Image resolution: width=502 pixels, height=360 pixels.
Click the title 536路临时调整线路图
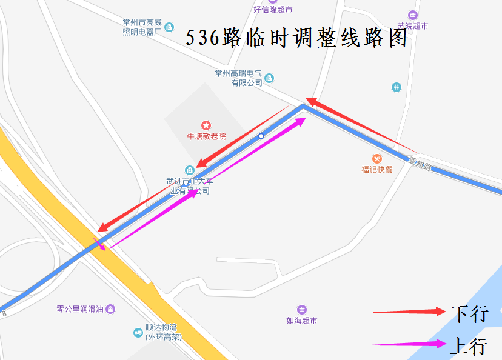pyautogui.click(x=296, y=39)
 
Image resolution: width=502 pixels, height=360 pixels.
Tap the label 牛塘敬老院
pyautogui.click(x=206, y=136)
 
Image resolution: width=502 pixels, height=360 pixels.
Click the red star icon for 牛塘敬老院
pyautogui.click(x=206, y=125)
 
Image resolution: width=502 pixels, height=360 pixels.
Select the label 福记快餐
pyautogui.click(x=377, y=169)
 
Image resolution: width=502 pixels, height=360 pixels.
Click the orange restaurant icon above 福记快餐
pyautogui.click(x=377, y=159)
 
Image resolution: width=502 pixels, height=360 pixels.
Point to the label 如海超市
pyautogui.click(x=302, y=321)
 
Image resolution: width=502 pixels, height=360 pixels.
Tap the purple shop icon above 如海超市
pyautogui.click(x=302, y=310)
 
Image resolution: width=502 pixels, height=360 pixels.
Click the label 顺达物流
pyautogui.click(x=160, y=328)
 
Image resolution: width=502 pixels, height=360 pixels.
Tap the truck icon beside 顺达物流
pyautogui.click(x=138, y=333)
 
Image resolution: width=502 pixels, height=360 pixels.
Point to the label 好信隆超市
pyautogui.click(x=273, y=10)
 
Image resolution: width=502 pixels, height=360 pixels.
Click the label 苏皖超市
pyautogui.click(x=413, y=26)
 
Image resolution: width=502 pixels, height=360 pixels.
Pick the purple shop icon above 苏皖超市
pyautogui.click(x=413, y=15)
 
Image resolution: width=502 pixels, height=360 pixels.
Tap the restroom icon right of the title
pyautogui.click(x=396, y=87)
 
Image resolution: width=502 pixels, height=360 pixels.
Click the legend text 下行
pyautogui.click(x=469, y=313)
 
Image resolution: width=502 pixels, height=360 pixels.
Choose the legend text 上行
pyautogui.click(x=469, y=346)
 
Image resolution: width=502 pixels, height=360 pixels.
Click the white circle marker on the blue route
pyautogui.click(x=261, y=136)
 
